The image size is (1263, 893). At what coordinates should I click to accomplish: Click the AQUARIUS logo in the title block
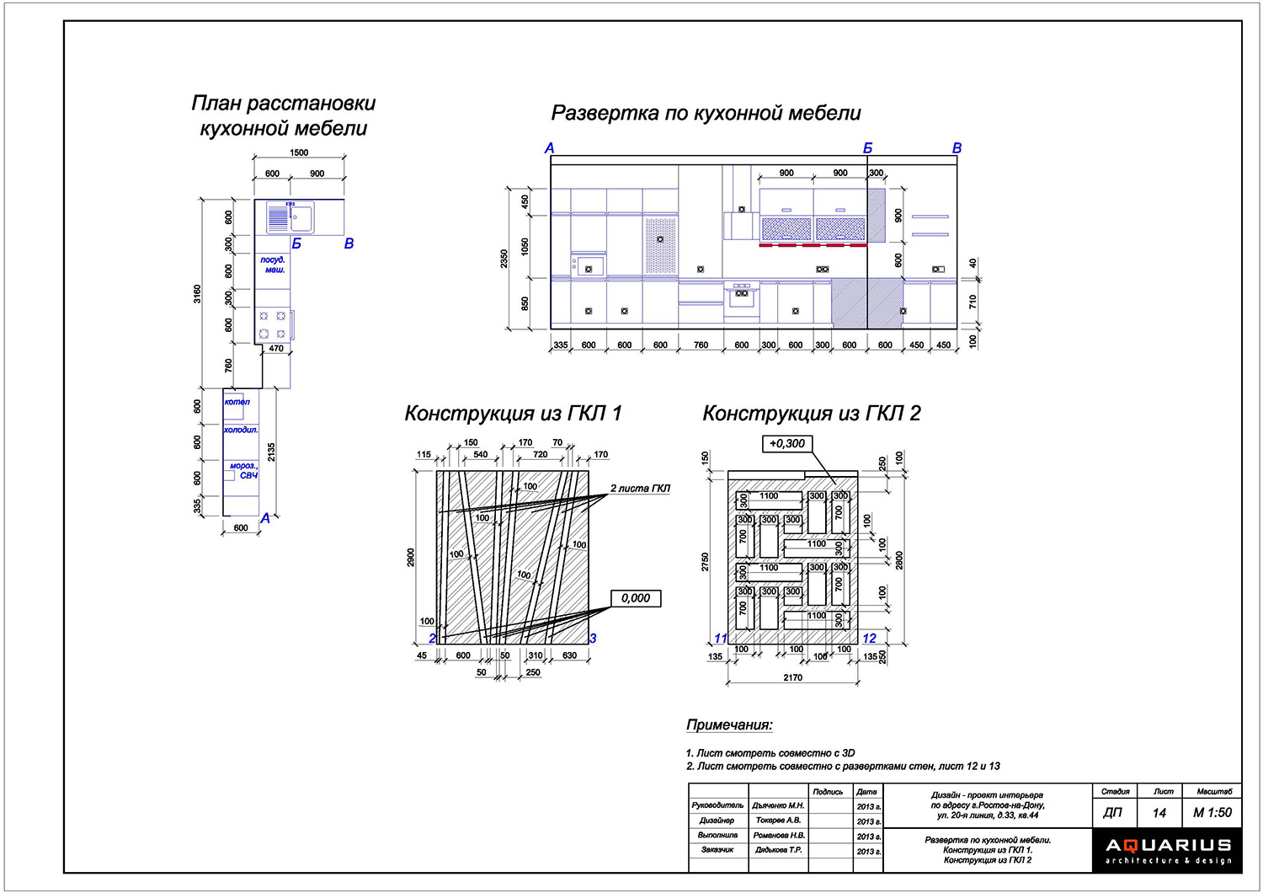pos(1168,849)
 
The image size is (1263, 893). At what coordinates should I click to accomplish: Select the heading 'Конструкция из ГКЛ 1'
pos(513,414)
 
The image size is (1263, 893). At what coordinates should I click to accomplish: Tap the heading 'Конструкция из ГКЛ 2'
pos(811,414)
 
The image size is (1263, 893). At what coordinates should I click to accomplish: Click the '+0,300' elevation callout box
pos(786,444)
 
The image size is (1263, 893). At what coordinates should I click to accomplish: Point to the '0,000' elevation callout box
pos(636,598)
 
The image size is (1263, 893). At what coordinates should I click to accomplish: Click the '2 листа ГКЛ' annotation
pos(640,489)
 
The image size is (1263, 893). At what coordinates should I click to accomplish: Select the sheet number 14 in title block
pos(1159,813)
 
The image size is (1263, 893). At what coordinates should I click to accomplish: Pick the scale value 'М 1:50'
pos(1212,813)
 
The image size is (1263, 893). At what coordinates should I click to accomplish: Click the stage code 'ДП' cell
pos(1112,813)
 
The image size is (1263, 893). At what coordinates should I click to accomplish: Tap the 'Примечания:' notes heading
pos(729,725)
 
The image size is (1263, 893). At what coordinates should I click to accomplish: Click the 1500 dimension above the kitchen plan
pos(299,153)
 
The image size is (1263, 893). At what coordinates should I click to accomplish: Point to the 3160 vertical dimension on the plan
pos(198,294)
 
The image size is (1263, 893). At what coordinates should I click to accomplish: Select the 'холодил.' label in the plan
pos(241,430)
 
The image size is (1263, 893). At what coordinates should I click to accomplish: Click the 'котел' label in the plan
pos(237,402)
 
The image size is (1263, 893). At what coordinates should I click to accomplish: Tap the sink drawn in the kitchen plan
pos(290,217)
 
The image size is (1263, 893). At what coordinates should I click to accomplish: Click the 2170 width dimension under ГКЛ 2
pos(792,677)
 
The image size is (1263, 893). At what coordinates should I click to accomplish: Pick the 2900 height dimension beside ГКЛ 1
pos(412,558)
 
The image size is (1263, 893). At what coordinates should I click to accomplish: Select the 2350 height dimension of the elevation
pos(504,259)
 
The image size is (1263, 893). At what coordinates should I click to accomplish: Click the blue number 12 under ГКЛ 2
pos(869,639)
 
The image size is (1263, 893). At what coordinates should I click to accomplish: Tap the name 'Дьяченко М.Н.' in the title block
pos(778,806)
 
